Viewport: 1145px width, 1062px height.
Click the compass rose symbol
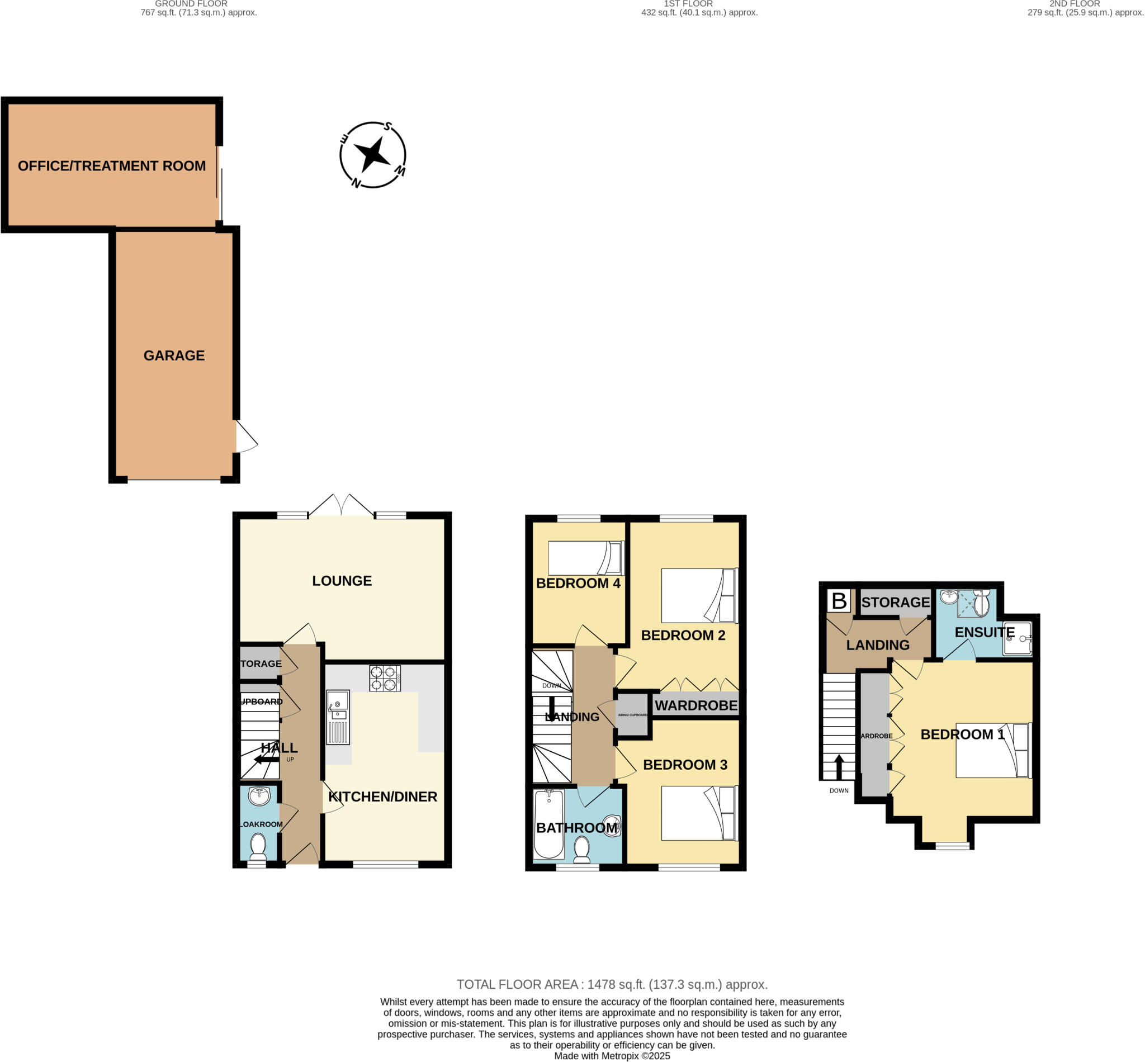pos(372,155)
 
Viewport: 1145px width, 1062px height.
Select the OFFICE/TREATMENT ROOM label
pos(111,166)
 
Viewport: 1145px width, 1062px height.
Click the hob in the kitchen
pos(385,678)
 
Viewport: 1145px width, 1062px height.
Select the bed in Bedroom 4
pos(586,558)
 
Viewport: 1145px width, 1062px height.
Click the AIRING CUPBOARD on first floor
pos(632,715)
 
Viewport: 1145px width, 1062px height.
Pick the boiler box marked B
pos(839,601)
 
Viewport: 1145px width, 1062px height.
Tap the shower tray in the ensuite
pos(1017,638)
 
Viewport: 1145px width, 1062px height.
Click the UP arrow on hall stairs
pos(266,760)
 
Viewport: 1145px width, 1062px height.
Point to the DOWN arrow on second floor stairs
pos(839,767)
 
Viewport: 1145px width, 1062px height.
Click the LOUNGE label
pos(342,581)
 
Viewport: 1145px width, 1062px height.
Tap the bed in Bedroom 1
pos(993,751)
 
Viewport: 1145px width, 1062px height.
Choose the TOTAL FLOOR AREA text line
pos(612,985)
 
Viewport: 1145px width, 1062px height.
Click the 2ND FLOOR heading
pos(1075,4)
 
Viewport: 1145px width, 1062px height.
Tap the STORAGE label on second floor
pos(895,602)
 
